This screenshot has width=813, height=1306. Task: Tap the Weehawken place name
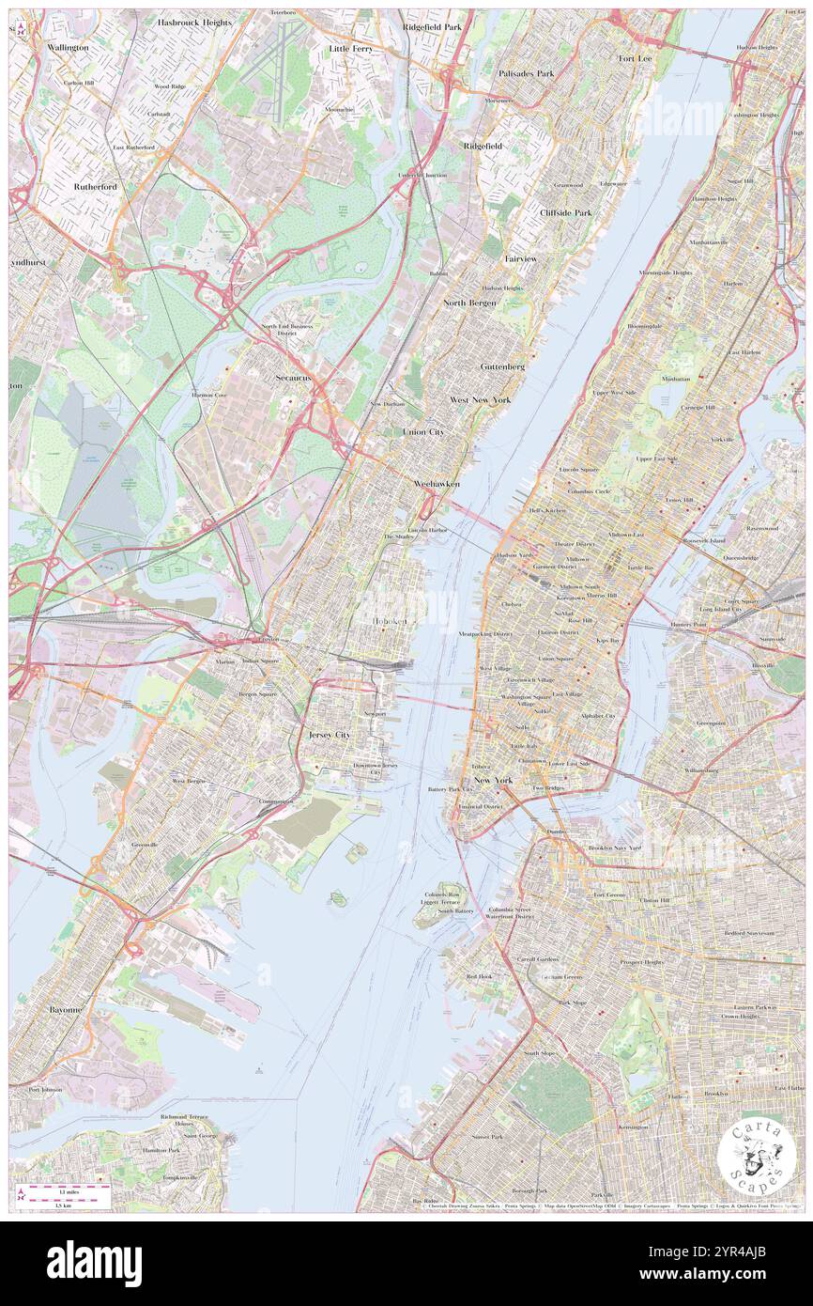coord(437,482)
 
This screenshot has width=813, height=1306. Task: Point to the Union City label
coord(422,431)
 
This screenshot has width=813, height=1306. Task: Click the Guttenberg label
coord(502,366)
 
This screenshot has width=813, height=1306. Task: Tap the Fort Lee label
coord(635,58)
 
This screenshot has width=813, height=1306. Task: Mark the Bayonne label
coord(66,1009)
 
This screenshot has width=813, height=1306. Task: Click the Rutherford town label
coord(96,186)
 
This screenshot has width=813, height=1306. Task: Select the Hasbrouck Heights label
coord(194,22)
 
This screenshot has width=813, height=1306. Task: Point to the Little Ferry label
coord(351,47)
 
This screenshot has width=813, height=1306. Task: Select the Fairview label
coord(520,257)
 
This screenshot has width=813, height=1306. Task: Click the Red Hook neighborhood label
coord(479,976)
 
